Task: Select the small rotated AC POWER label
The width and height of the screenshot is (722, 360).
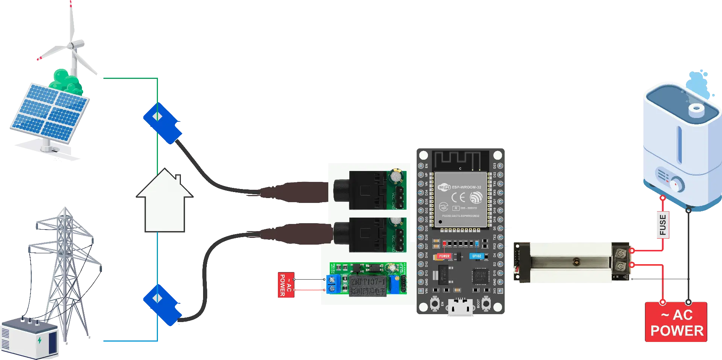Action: (285, 284)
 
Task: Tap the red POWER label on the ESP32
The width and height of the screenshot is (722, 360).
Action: (444, 256)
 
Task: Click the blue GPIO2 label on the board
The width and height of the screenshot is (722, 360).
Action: (476, 256)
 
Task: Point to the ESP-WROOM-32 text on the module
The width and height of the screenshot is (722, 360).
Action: (466, 187)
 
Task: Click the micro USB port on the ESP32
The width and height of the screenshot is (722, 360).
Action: (460, 309)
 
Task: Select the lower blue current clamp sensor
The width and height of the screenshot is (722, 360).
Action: (162, 304)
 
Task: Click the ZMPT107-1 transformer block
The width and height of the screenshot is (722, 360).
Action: (368, 286)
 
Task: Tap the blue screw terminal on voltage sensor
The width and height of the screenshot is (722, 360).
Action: (332, 284)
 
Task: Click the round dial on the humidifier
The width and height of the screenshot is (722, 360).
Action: (677, 185)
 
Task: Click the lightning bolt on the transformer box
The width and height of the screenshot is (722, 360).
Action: (40, 340)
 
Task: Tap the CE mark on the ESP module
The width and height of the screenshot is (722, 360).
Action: (458, 197)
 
